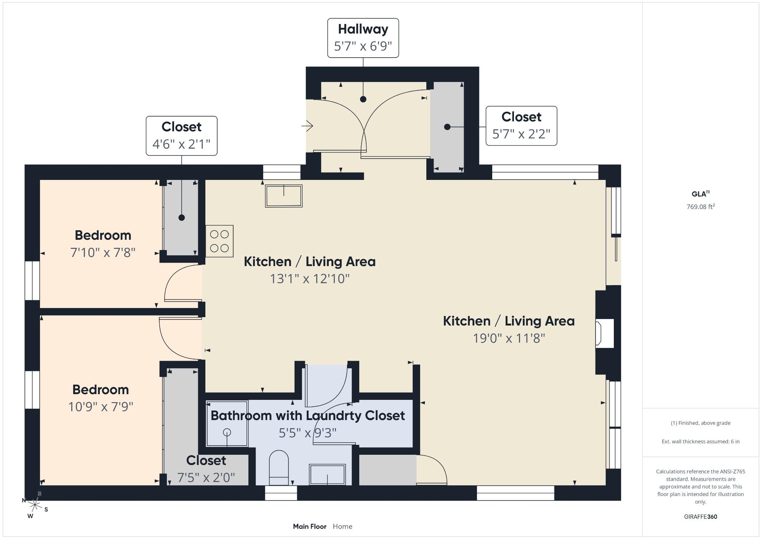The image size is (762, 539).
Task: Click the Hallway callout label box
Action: pos(363,38)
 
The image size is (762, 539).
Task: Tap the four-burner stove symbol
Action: pos(219,241)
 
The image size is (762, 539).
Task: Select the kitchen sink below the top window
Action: pos(284,196)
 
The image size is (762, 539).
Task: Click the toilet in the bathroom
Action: pos(279,468)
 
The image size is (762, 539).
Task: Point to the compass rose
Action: pos(35,505)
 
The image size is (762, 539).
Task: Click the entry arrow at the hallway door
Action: pos(307,125)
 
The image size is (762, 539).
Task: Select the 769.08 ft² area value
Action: pos(701,207)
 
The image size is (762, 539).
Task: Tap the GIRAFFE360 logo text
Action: pos(701,517)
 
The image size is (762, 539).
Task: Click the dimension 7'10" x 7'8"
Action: pos(103,252)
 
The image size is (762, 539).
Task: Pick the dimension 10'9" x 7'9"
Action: pos(101,407)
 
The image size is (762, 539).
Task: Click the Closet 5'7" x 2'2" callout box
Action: pos(521,126)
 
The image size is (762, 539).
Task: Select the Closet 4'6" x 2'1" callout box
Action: pos(182,136)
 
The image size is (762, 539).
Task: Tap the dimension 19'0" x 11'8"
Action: pos(509,338)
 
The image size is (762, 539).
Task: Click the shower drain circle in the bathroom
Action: pos(227,432)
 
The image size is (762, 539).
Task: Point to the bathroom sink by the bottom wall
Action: pos(327,475)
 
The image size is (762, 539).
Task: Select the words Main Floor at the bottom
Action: pos(310,526)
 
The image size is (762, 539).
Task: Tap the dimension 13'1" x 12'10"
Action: pos(310,279)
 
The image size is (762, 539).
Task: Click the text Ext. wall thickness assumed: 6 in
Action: pos(701,441)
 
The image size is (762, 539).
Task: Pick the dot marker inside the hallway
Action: pos(363,99)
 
